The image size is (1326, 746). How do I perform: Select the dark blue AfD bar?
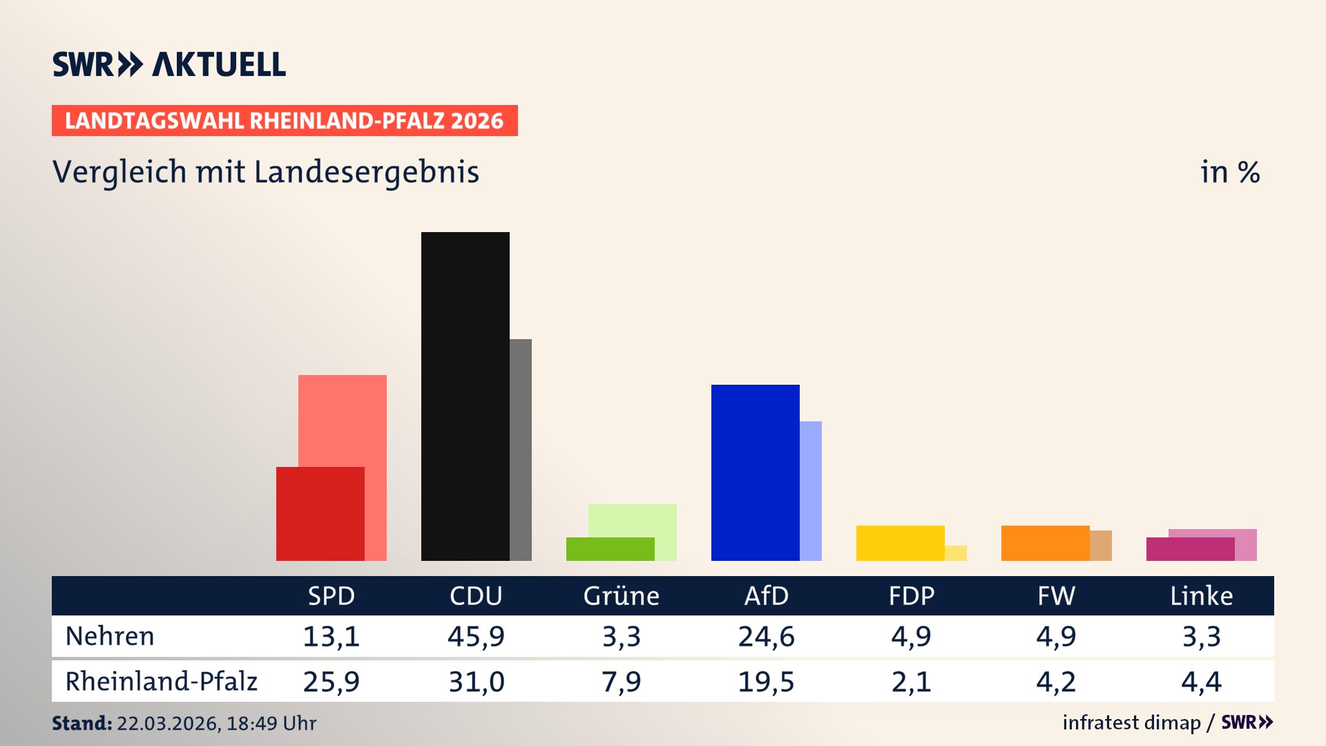click(x=755, y=472)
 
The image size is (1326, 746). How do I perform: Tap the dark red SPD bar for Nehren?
click(x=320, y=514)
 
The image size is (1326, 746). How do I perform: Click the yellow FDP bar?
click(x=900, y=543)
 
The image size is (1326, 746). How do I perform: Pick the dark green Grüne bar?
click(x=610, y=549)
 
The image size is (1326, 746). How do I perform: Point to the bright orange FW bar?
click(x=1045, y=543)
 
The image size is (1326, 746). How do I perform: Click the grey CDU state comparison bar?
click(x=521, y=449)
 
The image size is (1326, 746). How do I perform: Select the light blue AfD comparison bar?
click(x=811, y=490)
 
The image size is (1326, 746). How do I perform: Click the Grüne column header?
click(x=621, y=595)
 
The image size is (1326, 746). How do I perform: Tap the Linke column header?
click(x=1201, y=595)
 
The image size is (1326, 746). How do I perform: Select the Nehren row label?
click(x=110, y=636)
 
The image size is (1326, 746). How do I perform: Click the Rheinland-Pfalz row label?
click(x=161, y=681)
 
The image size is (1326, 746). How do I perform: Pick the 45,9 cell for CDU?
click(x=476, y=636)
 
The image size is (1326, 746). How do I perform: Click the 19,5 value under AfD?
click(x=766, y=682)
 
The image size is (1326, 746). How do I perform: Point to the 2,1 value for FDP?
click(x=911, y=682)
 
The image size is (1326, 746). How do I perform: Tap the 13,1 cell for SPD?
click(x=331, y=636)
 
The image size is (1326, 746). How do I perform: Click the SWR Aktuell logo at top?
click(x=169, y=64)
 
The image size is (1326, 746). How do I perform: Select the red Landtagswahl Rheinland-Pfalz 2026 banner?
click(x=285, y=121)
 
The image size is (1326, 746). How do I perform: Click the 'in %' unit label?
click(x=1230, y=172)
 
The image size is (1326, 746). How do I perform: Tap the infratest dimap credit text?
click(x=1131, y=723)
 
